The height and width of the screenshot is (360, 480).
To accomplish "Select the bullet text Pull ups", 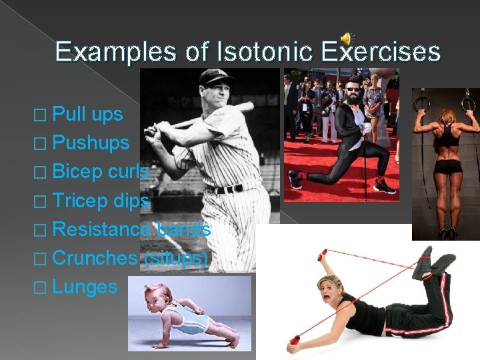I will [x=87, y=114].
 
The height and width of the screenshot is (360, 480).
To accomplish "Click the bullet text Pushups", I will [x=91, y=142].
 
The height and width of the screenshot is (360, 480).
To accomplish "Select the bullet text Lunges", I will [x=85, y=287].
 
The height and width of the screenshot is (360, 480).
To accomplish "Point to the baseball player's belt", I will [x=227, y=189].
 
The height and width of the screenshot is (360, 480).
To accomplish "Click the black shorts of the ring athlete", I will [x=447, y=166].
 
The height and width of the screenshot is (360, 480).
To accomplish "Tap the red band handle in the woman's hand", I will [x=293, y=343].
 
